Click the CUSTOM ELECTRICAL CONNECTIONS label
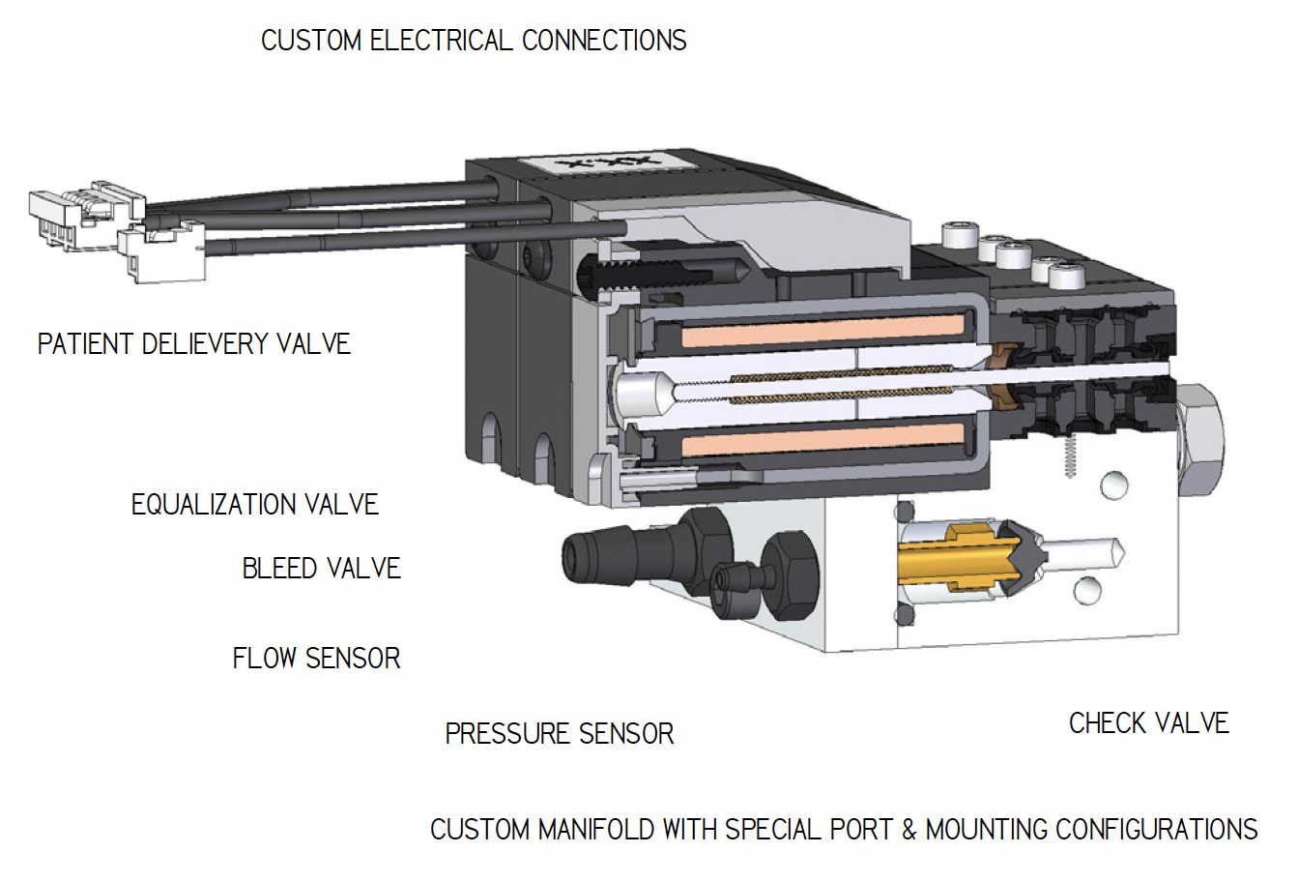coord(474,41)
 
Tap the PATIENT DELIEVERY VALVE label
coord(193,343)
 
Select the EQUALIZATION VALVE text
coord(254,504)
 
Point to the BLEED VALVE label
coord(321,568)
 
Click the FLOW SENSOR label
coord(316,659)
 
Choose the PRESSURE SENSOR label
coord(559,733)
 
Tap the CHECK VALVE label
coord(1148,723)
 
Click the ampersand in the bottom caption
coord(909,830)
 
